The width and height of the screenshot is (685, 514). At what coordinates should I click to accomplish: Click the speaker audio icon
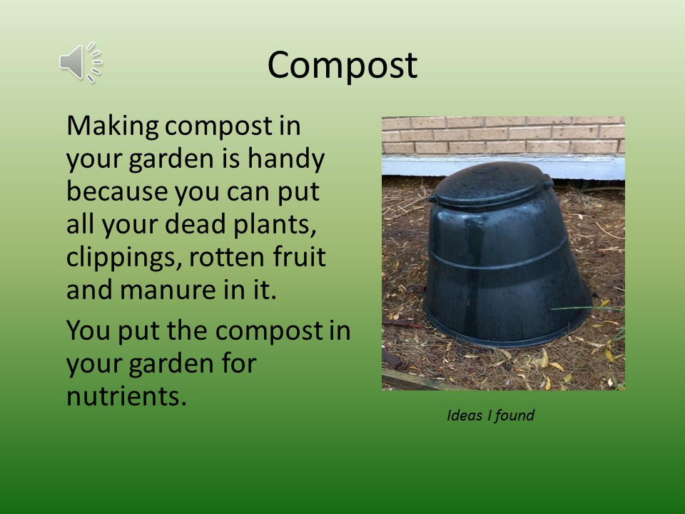[x=81, y=62]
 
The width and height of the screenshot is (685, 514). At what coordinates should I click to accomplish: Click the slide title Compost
[x=342, y=65]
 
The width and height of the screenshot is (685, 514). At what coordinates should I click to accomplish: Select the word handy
[x=286, y=158]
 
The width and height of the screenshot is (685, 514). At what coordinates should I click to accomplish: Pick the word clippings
[x=123, y=258]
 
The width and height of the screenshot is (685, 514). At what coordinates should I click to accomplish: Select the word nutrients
[x=127, y=396]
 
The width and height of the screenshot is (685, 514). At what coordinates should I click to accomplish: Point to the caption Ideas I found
[x=490, y=415]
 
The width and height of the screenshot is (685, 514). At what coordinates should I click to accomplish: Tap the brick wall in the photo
[x=503, y=136]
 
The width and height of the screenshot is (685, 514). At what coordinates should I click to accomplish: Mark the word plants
[x=275, y=225]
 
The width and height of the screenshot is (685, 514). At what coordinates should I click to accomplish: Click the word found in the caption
[x=514, y=415]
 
